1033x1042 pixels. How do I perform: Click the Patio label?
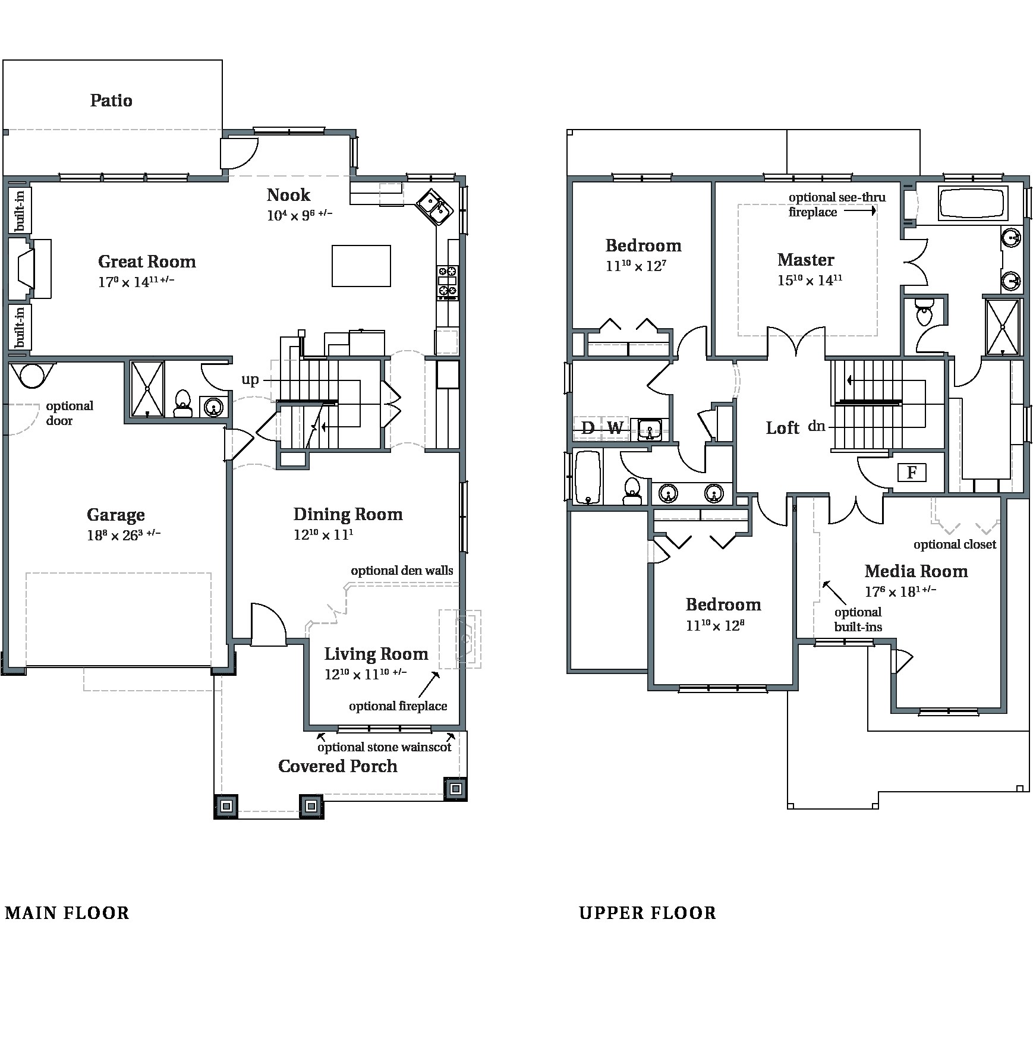coord(111,100)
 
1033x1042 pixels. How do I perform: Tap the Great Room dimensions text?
coord(136,281)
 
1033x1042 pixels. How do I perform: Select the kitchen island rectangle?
coord(361,266)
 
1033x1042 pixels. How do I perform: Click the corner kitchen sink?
coord(435,207)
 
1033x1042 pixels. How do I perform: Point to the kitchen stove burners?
coord(448,281)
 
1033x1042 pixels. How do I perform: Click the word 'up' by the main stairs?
coord(250,379)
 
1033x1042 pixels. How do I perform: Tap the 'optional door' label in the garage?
coord(69,413)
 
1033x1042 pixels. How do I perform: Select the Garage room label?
coord(115,515)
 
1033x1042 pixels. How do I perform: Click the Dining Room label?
coord(348,514)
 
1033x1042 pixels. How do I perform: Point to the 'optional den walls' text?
coord(402,571)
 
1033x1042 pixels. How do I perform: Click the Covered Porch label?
coord(338,766)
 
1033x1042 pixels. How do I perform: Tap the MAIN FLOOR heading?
coord(67,913)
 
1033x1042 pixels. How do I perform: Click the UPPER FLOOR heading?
coord(647,913)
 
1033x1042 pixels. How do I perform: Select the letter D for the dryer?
coord(587,427)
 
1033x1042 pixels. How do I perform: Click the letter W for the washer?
coord(615,427)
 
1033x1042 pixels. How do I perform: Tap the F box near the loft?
coord(912,473)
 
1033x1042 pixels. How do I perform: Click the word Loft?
coord(782,428)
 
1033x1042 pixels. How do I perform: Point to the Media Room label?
coord(916,571)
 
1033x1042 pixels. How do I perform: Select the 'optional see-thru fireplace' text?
coord(836,204)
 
